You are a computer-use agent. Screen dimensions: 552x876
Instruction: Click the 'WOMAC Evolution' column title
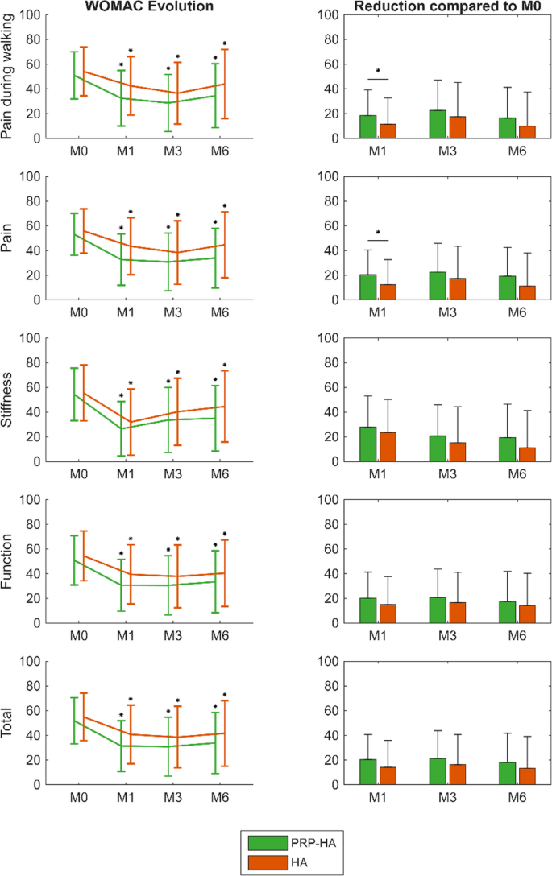(x=149, y=6)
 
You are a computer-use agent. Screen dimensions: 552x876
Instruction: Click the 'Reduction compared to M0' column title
(x=447, y=6)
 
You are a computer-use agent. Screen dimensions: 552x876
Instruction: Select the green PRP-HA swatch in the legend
(x=268, y=842)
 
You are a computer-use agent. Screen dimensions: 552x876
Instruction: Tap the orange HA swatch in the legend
(x=268, y=862)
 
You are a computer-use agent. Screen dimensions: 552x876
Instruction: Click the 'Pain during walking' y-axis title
(x=6, y=76)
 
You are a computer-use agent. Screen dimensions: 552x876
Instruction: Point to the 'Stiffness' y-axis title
(x=6, y=400)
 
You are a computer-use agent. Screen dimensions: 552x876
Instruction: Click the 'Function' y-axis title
(x=6, y=561)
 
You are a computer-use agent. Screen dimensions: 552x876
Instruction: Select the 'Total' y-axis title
(x=6, y=723)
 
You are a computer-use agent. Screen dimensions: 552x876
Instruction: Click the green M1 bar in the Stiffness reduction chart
(x=368, y=444)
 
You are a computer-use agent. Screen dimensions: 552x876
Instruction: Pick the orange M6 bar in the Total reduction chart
(x=527, y=776)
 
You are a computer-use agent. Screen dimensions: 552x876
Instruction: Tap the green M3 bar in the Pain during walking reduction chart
(x=438, y=124)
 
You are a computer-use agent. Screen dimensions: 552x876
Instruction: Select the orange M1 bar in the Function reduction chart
(x=388, y=614)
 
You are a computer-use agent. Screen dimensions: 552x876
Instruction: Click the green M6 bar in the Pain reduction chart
(x=507, y=287)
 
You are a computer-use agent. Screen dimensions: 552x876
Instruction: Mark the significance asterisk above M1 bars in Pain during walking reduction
(x=378, y=72)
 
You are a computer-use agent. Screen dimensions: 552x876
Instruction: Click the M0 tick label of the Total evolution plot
(x=79, y=797)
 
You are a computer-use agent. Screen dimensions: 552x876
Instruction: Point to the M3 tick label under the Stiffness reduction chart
(x=447, y=474)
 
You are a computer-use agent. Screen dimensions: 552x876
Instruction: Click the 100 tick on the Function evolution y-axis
(x=30, y=499)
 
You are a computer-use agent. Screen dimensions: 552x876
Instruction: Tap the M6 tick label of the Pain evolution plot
(x=220, y=312)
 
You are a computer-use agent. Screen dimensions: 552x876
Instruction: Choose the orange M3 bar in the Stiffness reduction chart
(x=458, y=452)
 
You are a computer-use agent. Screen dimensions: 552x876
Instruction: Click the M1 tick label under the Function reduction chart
(x=377, y=636)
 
